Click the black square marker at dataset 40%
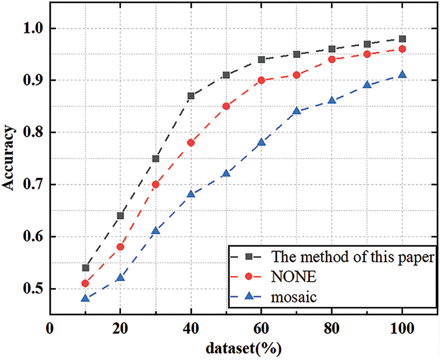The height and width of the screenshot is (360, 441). click(x=191, y=96)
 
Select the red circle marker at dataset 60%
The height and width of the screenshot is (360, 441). click(x=261, y=80)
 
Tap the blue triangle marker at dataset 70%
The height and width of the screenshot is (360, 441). click(x=297, y=110)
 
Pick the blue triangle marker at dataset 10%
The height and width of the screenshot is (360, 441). click(x=85, y=298)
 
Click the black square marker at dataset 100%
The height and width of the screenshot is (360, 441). click(x=402, y=39)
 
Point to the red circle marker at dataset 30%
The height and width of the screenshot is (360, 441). click(x=156, y=184)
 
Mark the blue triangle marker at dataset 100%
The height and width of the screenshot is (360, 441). click(x=402, y=74)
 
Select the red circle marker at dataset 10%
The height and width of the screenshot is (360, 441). click(x=85, y=283)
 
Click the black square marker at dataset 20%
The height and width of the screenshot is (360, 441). click(x=120, y=216)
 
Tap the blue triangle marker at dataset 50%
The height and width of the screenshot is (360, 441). click(x=226, y=173)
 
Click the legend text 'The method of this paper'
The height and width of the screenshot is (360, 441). click(x=336, y=257)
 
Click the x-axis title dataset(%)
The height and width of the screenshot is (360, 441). click(x=244, y=349)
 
